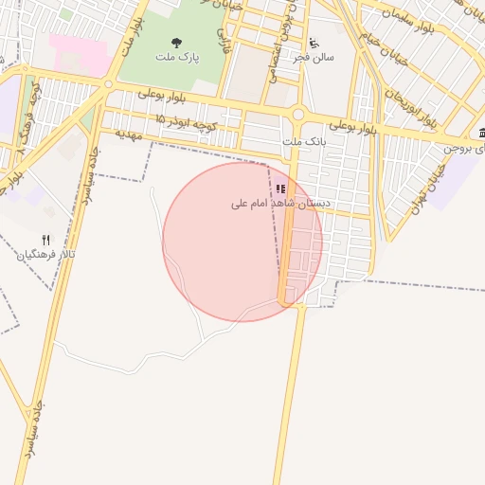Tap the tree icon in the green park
(x=176, y=43)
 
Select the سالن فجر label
(x=314, y=58)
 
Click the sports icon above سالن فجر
(x=314, y=43)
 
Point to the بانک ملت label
(x=304, y=142)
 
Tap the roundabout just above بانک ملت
(x=297, y=115)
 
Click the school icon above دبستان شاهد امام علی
(x=280, y=189)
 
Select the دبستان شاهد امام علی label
(x=281, y=204)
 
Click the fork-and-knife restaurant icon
(x=45, y=240)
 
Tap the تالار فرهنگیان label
(x=45, y=256)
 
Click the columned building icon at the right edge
(x=481, y=132)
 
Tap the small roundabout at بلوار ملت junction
(x=108, y=84)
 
